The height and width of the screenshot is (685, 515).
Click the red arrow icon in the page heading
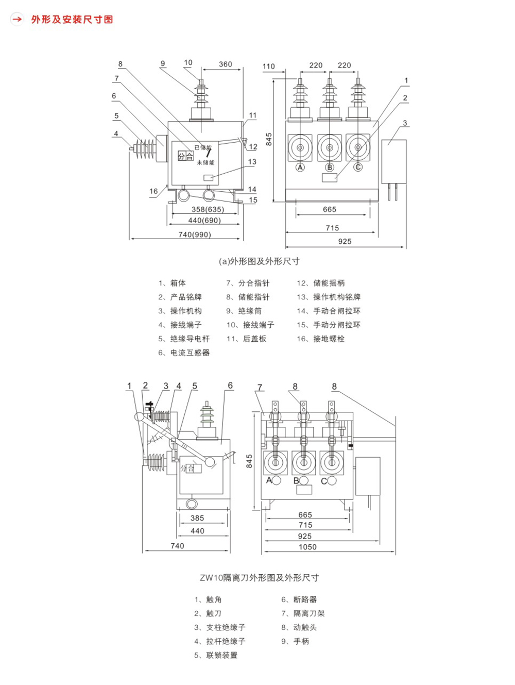[17, 19]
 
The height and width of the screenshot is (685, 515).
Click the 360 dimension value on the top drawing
[225, 64]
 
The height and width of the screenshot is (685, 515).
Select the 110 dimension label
[268, 66]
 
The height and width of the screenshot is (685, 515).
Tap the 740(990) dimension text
[195, 235]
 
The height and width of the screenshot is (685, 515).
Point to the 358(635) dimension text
[208, 209]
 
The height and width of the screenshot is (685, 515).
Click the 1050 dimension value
[307, 547]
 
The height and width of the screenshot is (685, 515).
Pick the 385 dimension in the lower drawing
[197, 518]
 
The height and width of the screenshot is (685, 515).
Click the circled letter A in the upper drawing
[300, 168]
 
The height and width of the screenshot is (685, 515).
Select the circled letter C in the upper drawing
[358, 168]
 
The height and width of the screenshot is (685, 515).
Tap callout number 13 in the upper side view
[252, 162]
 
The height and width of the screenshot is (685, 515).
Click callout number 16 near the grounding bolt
[153, 191]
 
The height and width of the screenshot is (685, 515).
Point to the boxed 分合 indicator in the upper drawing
[185, 156]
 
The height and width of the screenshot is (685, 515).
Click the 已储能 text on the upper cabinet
[202, 147]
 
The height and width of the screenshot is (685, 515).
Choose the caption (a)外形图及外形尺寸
[259, 261]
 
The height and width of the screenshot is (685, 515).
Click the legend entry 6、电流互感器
[184, 353]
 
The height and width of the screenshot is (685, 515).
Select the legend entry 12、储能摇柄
[320, 283]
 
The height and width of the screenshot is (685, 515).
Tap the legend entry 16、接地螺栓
[320, 339]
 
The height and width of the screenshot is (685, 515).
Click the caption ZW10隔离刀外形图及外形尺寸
[260, 578]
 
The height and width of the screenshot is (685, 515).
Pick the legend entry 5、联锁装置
[216, 655]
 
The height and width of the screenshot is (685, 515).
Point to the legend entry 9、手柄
[295, 641]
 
